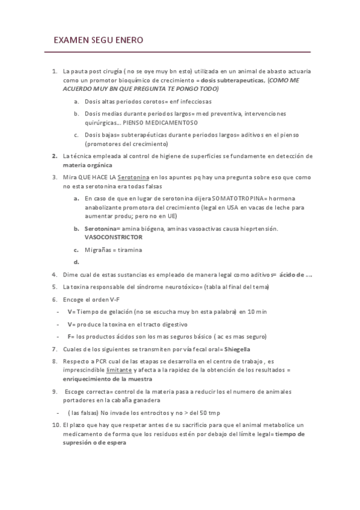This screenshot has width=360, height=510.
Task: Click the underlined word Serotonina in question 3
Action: point(133,178)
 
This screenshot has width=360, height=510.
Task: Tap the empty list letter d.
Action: point(76,261)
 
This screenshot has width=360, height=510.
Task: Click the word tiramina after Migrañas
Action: point(130,250)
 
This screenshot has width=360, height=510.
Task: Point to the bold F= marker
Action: point(70,336)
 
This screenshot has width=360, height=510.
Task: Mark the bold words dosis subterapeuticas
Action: point(233,79)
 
